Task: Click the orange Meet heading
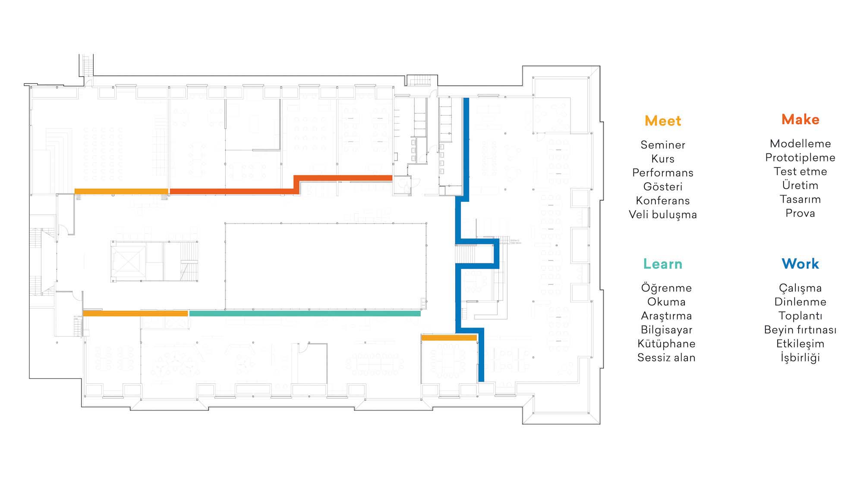click(x=663, y=121)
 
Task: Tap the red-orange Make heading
click(x=800, y=119)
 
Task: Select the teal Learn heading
click(x=663, y=264)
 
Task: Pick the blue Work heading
click(x=800, y=264)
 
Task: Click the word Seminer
click(x=663, y=145)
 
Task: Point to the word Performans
click(x=663, y=173)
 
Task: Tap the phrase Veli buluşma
click(x=663, y=215)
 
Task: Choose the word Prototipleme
click(x=800, y=158)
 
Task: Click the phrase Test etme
click(x=800, y=172)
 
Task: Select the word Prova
click(x=800, y=213)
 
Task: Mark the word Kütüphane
click(x=666, y=344)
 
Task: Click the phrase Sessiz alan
click(x=666, y=358)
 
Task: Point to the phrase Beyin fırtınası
click(x=800, y=330)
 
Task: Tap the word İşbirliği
click(x=800, y=358)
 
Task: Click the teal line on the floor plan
click(x=305, y=313)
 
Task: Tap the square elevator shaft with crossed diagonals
click(x=128, y=261)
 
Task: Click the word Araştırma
click(x=666, y=316)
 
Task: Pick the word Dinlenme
click(x=800, y=302)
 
